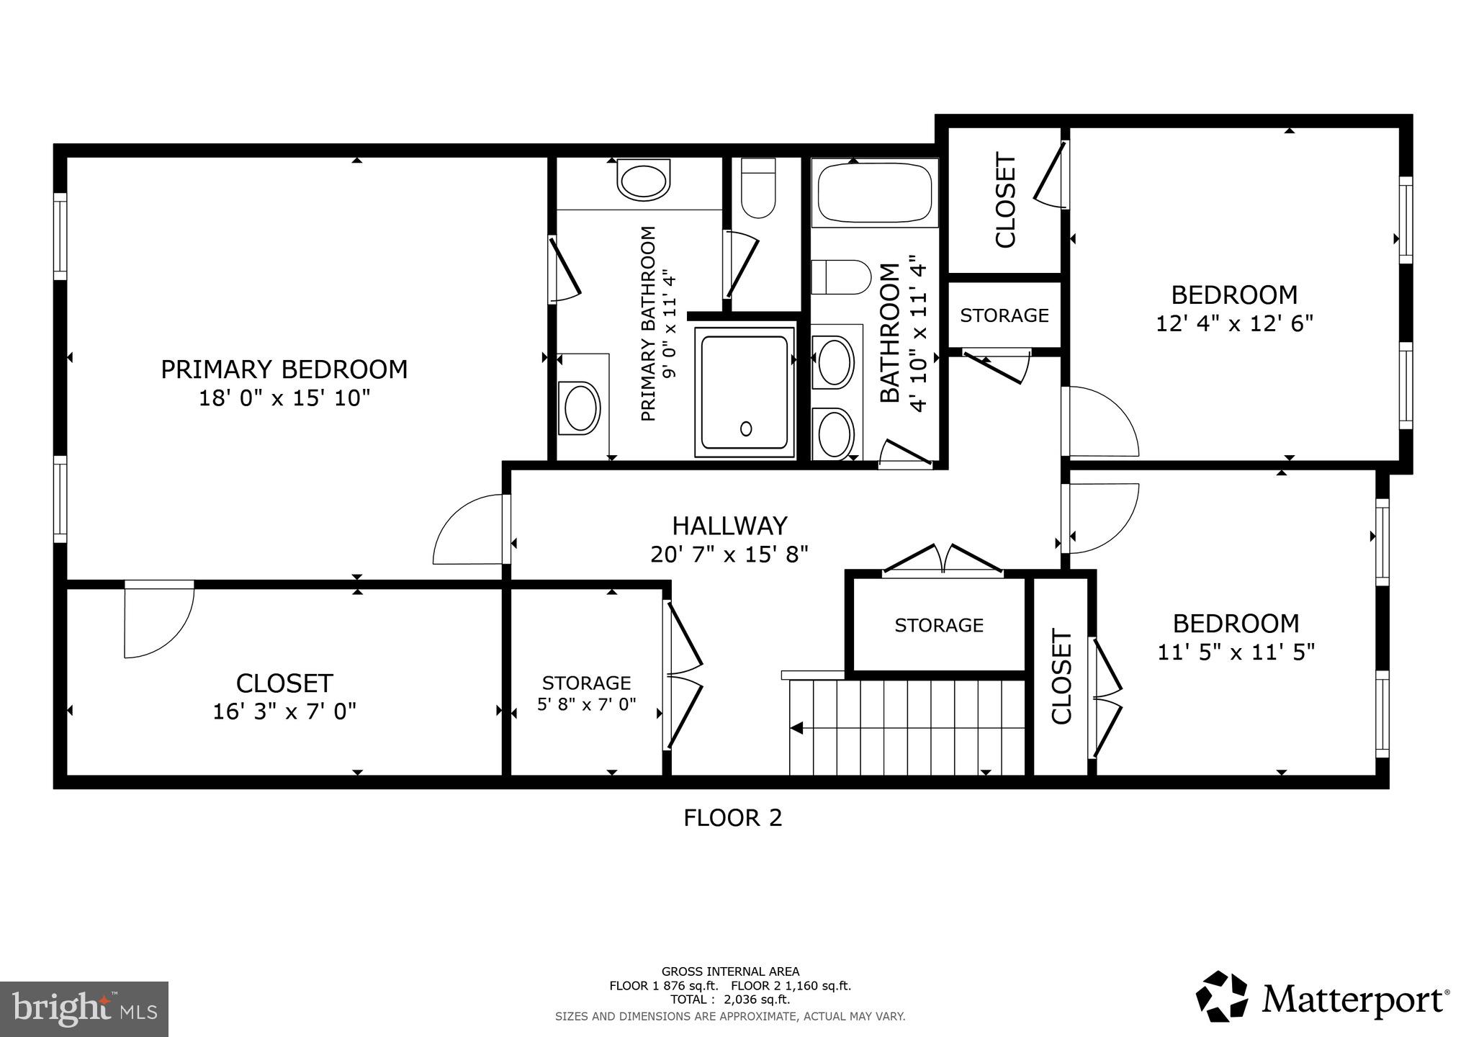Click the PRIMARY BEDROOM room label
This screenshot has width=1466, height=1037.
(x=284, y=369)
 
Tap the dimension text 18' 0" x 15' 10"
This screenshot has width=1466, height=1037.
(x=284, y=398)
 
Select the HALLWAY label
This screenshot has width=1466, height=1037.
(x=729, y=526)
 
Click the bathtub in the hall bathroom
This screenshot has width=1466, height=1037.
(x=874, y=192)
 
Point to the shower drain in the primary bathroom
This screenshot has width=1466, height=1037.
(x=746, y=428)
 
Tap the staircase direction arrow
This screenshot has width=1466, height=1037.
(x=797, y=728)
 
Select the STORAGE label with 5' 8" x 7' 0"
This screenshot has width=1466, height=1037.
(x=586, y=683)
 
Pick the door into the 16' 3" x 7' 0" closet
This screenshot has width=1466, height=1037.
(x=158, y=619)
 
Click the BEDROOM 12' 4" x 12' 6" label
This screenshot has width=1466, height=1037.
(x=1234, y=295)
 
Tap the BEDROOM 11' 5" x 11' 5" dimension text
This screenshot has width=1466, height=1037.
(x=1236, y=652)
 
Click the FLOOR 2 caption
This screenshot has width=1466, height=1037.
(x=732, y=818)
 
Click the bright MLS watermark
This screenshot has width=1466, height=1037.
(x=84, y=1009)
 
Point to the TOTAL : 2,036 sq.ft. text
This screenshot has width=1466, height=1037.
(x=730, y=1000)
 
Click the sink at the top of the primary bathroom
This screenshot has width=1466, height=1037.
(x=643, y=181)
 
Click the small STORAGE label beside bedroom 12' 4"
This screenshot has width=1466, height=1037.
(x=1004, y=315)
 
